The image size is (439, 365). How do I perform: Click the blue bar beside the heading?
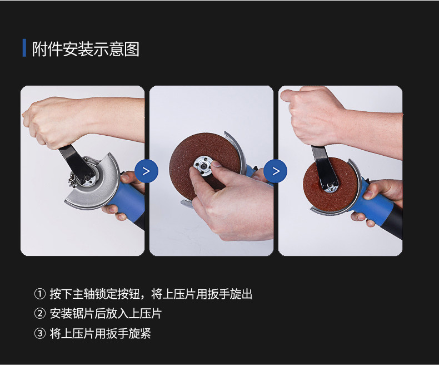click(24, 48)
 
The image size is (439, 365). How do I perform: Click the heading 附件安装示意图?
click(86, 49)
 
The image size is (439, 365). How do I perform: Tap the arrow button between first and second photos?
click(147, 171)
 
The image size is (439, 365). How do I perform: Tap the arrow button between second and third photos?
click(276, 171)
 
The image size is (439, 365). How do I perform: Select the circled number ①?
click(40, 294)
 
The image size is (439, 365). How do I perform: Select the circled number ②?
click(40, 313)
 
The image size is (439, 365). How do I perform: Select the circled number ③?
click(40, 333)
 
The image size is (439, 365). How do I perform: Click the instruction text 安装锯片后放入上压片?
click(106, 313)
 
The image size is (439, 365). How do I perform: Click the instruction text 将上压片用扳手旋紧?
click(100, 333)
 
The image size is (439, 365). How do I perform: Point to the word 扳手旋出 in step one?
click(230, 294)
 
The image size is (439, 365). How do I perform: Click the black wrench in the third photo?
click(324, 168)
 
